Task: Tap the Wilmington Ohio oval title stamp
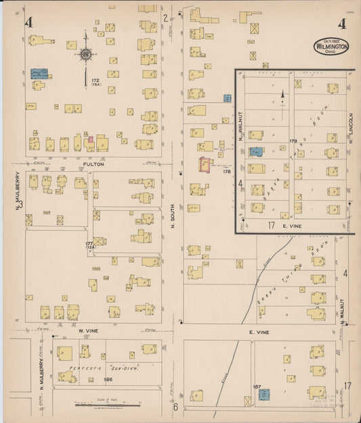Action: [x=331, y=46]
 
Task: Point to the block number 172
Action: [x=95, y=81]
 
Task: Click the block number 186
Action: [x=107, y=380]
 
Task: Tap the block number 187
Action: [x=257, y=387]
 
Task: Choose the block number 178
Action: [x=227, y=172]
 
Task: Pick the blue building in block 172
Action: [x=38, y=73]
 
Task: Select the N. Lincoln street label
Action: [x=352, y=132]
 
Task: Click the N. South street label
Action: [x=173, y=216]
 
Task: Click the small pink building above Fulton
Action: [x=89, y=139]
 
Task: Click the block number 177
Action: [x=89, y=244]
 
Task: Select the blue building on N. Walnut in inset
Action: [x=256, y=152]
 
